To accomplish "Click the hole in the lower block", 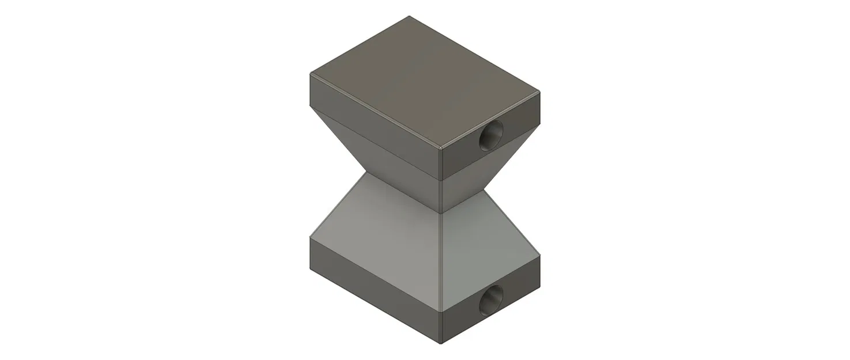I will coord(491,298).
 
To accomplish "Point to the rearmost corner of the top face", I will coord(409,16).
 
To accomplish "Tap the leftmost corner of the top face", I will coord(311,74).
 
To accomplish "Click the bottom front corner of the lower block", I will coord(441,344).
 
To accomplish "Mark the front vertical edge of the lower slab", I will coord(441,328).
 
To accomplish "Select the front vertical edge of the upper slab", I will coord(441,164).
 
